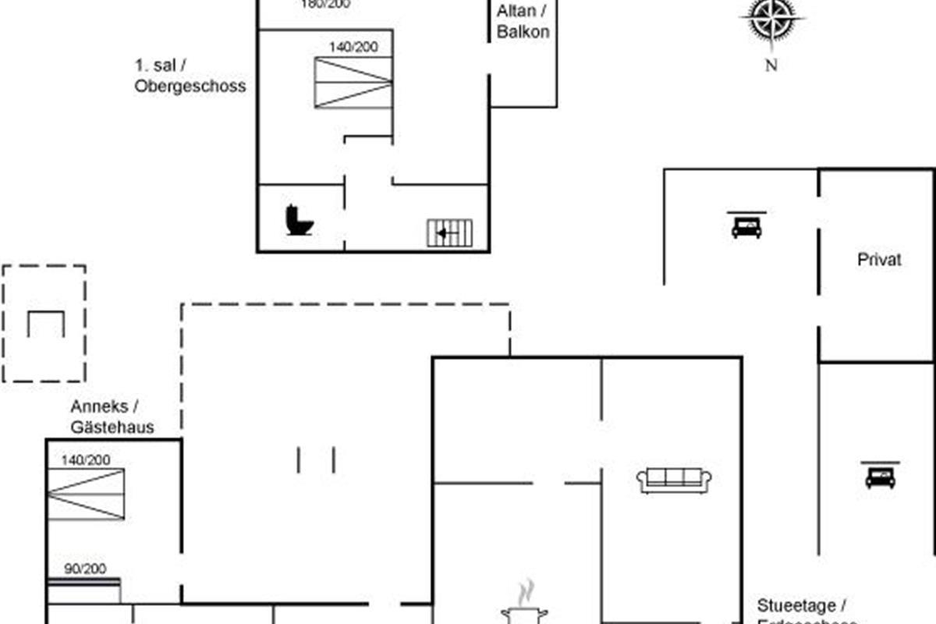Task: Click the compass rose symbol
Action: pos(771,20)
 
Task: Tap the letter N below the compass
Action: pos(771,66)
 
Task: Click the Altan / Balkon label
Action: pos(523,22)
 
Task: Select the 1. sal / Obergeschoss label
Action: pos(190,76)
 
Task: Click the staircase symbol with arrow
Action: pos(450,232)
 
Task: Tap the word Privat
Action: pos(879,260)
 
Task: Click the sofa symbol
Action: pos(675,480)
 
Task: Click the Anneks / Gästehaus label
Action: pos(112,417)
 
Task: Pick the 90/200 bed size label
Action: pos(85,569)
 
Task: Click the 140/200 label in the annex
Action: pos(86,460)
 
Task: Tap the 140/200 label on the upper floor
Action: pos(353,47)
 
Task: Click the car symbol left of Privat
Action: pos(746,225)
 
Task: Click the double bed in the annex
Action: pos(86,495)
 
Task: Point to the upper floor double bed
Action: pos(353,83)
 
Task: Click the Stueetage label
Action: pos(802,606)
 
